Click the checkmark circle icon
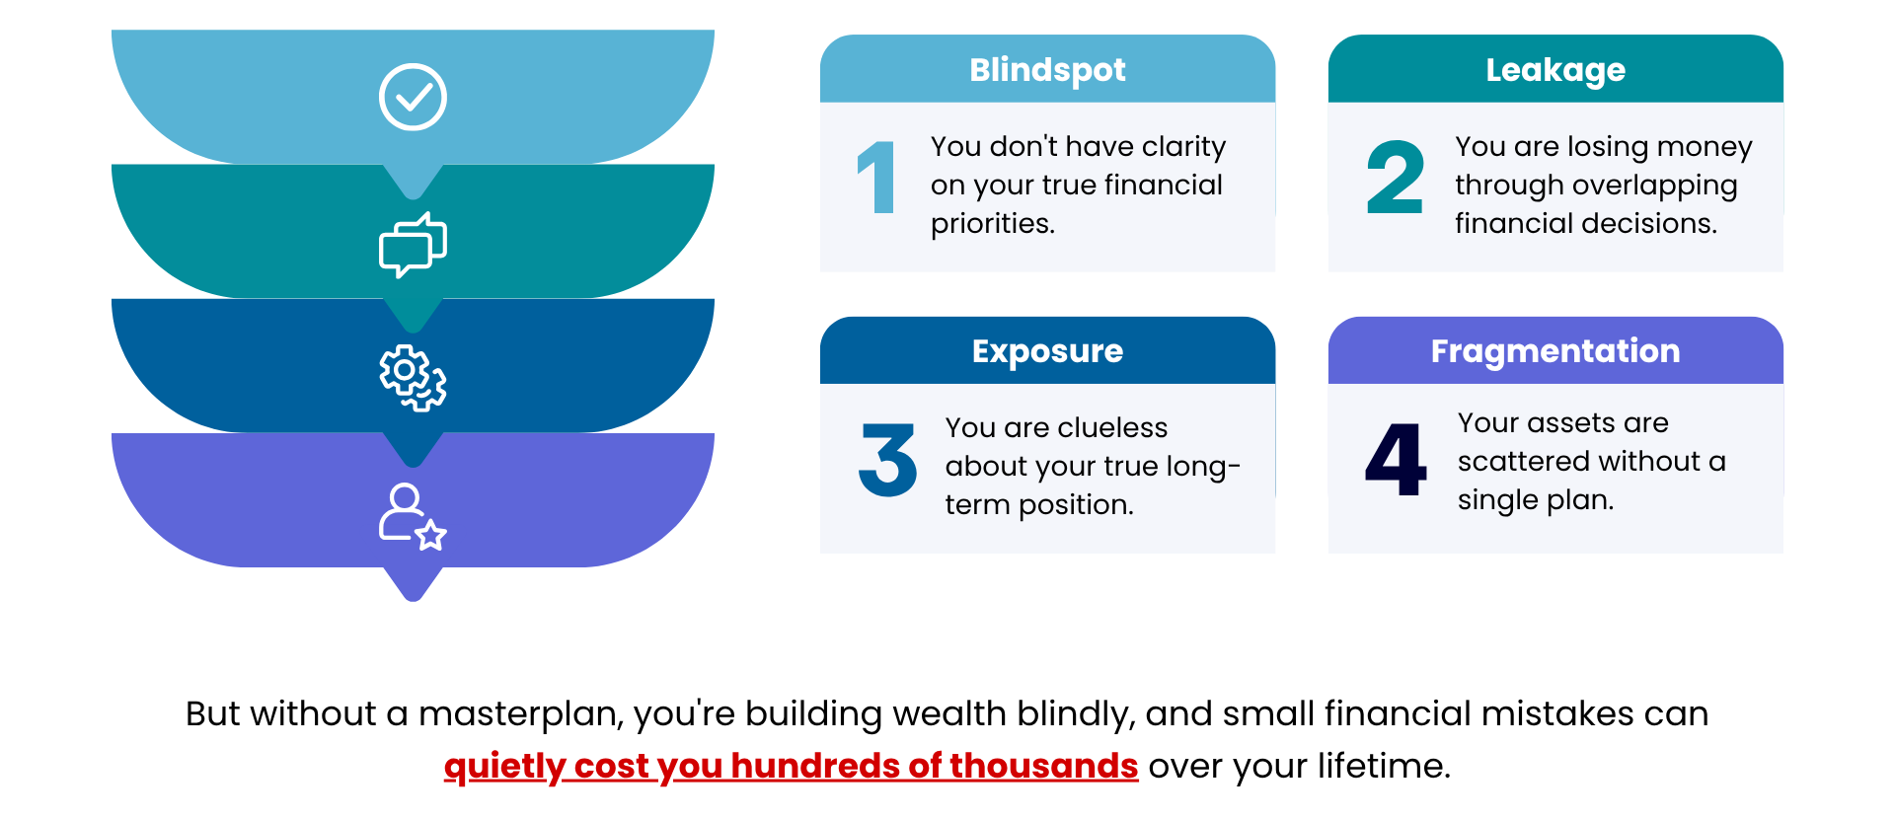(x=413, y=97)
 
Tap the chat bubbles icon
(x=413, y=245)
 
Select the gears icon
(x=413, y=378)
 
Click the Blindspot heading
(x=1047, y=70)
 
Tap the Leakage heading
(x=1555, y=70)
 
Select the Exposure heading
(x=1047, y=351)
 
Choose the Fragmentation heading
(x=1555, y=351)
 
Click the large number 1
(x=877, y=178)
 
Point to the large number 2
(x=1395, y=178)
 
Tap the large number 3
(x=888, y=459)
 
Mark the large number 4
(x=1396, y=459)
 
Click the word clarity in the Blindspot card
(x=1183, y=147)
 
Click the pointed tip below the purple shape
(x=413, y=598)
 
